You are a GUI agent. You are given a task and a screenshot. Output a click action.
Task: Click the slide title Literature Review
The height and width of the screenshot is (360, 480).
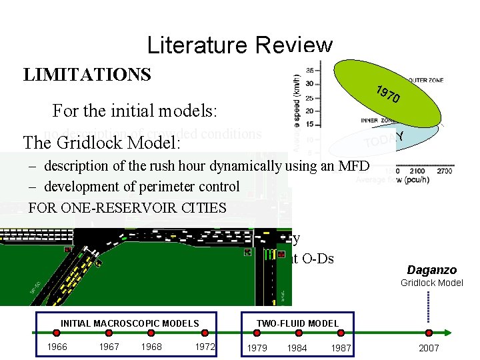pyautogui.click(x=239, y=45)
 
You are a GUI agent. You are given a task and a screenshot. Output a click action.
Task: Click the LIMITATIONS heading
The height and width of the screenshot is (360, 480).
pyautogui.click(x=87, y=74)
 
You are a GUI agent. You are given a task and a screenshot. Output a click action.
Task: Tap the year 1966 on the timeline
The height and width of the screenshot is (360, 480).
pyautogui.click(x=57, y=347)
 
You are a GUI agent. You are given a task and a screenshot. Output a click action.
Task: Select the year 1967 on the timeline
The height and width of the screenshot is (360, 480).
pyautogui.click(x=109, y=347)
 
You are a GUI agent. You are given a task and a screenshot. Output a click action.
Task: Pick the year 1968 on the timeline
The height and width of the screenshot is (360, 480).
pyautogui.click(x=151, y=347)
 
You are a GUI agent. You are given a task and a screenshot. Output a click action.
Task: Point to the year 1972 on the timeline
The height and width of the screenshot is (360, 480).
pyautogui.click(x=205, y=347)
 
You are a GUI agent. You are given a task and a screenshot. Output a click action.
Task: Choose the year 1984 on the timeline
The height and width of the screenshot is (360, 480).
pyautogui.click(x=298, y=347)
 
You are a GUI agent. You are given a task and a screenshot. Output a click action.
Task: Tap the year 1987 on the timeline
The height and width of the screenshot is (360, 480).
pyautogui.click(x=341, y=347)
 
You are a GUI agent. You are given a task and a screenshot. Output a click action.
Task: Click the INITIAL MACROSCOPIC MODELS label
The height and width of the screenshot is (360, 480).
pyautogui.click(x=129, y=324)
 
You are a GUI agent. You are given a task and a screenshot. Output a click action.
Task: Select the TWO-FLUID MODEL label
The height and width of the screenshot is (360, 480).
pyautogui.click(x=297, y=324)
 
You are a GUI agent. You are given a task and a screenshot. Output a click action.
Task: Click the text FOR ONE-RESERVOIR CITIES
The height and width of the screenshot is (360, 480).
pyautogui.click(x=127, y=207)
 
